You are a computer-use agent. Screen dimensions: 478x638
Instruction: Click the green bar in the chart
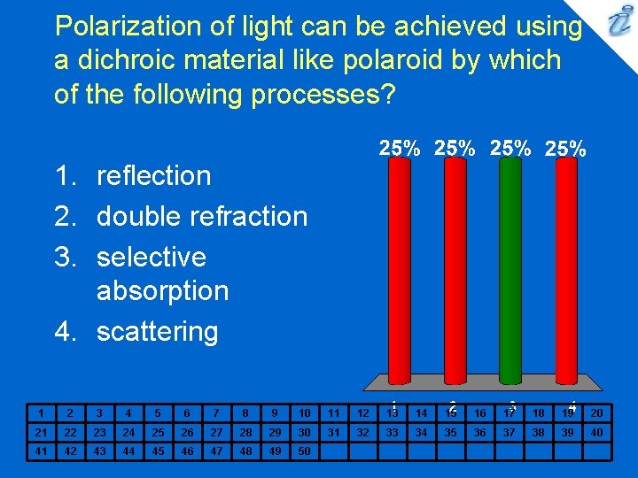pyautogui.click(x=510, y=270)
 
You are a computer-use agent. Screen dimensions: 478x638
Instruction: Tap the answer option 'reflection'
pyautogui.click(x=153, y=175)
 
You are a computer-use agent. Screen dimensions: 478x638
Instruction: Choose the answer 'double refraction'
pyautogui.click(x=201, y=216)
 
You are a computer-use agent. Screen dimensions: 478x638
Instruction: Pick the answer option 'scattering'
pyautogui.click(x=157, y=331)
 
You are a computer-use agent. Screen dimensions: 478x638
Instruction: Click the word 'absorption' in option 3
pyautogui.click(x=162, y=290)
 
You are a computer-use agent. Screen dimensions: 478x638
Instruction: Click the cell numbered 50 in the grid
pyautogui.click(x=304, y=451)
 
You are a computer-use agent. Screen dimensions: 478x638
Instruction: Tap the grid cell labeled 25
pyautogui.click(x=158, y=432)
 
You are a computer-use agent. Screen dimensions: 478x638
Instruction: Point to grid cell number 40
pyautogui.click(x=596, y=432)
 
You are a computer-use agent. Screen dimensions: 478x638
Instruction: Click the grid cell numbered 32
pyautogui.click(x=362, y=432)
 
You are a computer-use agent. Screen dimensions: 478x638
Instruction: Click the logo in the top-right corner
pyautogui.click(x=617, y=21)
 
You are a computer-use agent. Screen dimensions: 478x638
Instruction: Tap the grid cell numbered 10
pyautogui.click(x=304, y=412)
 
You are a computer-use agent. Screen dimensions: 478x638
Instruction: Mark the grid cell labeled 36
pyautogui.click(x=479, y=432)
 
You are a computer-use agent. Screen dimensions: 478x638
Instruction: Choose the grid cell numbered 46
pyautogui.click(x=187, y=451)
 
